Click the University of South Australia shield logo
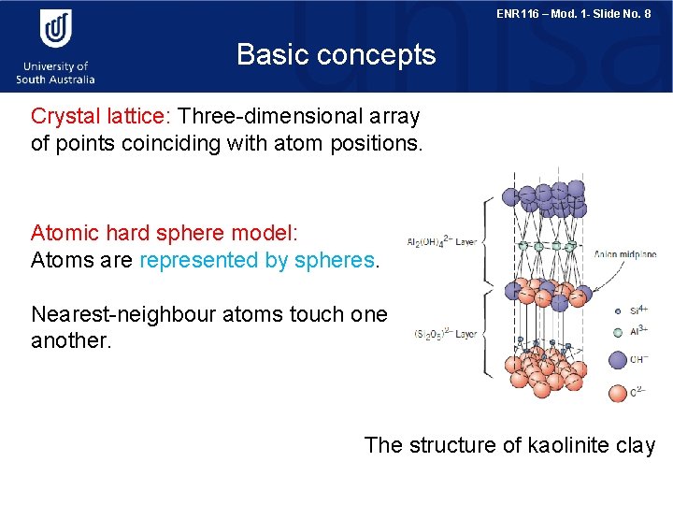pos(55,29)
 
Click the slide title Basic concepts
pos(336,54)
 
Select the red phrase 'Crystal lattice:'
pos(98,117)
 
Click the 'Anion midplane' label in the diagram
pos(625,252)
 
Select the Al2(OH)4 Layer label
pos(441,242)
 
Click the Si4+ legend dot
pos(618,310)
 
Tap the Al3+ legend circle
pos(618,332)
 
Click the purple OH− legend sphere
pos(618,360)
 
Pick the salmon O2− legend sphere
pos(618,392)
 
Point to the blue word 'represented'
pos(199,260)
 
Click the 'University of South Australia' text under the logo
pos(55,72)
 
